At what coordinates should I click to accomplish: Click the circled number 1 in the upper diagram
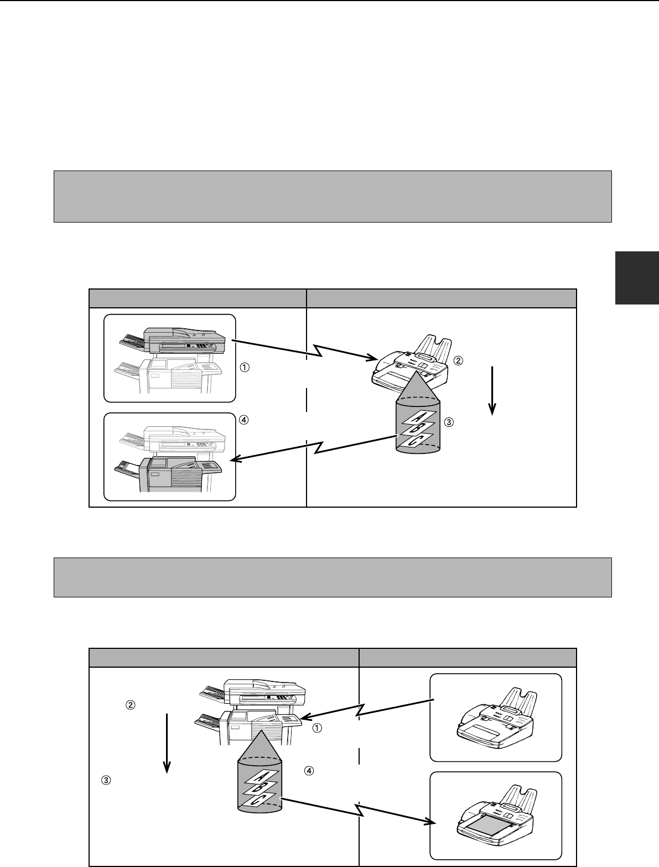coord(245,367)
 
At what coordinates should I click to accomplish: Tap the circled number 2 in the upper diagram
coord(458,360)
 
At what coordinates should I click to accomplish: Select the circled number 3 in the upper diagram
coord(449,422)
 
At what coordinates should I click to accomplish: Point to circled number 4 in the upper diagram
coord(244,420)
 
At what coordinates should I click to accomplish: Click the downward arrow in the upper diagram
coord(492,391)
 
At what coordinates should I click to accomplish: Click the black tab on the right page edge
coord(637,278)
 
